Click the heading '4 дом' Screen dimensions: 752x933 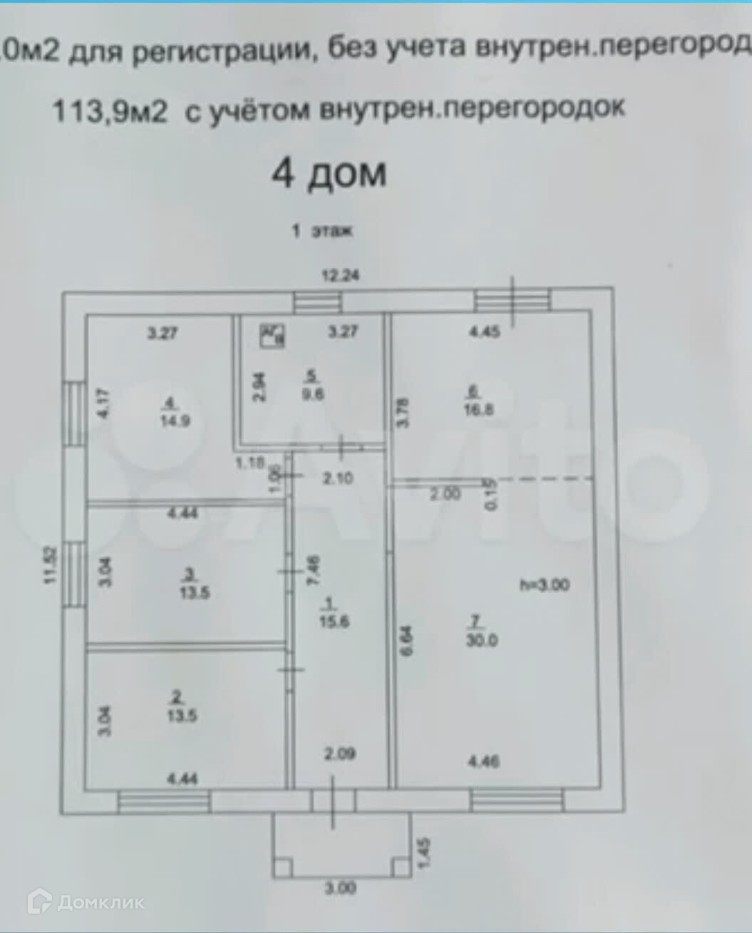pyautogui.click(x=329, y=174)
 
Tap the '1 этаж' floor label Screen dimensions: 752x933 pyautogui.click(x=322, y=232)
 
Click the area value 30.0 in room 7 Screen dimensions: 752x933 pyautogui.click(x=482, y=639)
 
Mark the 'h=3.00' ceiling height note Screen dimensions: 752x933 pyautogui.click(x=545, y=585)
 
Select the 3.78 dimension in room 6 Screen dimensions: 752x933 pyautogui.click(x=403, y=412)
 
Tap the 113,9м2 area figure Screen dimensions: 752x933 pyautogui.click(x=110, y=110)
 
